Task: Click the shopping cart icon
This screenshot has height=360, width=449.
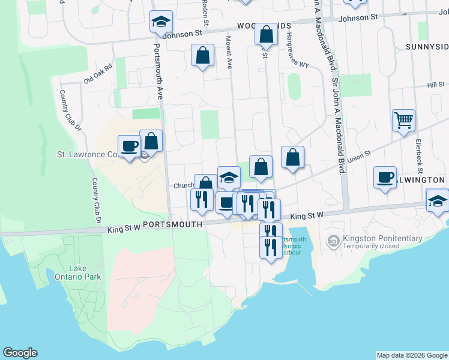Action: tap(403, 120)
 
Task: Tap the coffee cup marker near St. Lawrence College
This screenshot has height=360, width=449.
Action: tap(129, 146)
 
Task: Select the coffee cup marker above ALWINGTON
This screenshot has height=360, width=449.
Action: tap(385, 177)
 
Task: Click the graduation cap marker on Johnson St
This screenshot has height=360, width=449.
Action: tap(160, 22)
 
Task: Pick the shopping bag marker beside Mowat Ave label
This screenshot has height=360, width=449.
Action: tap(203, 55)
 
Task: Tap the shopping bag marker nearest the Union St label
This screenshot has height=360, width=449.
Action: tap(292, 158)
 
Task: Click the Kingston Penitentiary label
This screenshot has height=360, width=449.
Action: tap(382, 238)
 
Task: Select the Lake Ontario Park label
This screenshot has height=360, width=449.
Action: tap(85, 272)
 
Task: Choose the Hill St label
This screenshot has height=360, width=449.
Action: tap(435, 85)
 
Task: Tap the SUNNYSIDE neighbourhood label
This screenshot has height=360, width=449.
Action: tap(426, 47)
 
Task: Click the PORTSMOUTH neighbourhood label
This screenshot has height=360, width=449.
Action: tap(170, 223)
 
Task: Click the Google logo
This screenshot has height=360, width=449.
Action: tap(20, 353)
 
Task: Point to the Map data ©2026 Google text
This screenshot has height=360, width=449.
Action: tap(412, 355)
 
